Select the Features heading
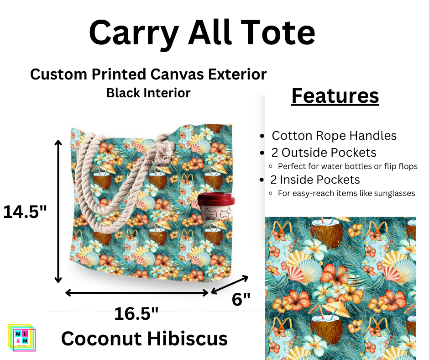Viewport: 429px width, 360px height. [x=335, y=96]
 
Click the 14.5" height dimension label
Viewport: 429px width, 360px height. [x=25, y=212]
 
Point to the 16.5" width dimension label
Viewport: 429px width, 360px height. [x=136, y=314]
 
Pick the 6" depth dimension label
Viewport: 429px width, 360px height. [x=241, y=300]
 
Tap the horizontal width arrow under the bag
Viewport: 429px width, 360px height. [x=137, y=292]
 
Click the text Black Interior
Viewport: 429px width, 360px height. [x=148, y=93]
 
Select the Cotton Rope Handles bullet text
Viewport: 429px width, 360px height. [x=334, y=136]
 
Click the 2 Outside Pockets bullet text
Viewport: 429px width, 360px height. [x=324, y=152]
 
